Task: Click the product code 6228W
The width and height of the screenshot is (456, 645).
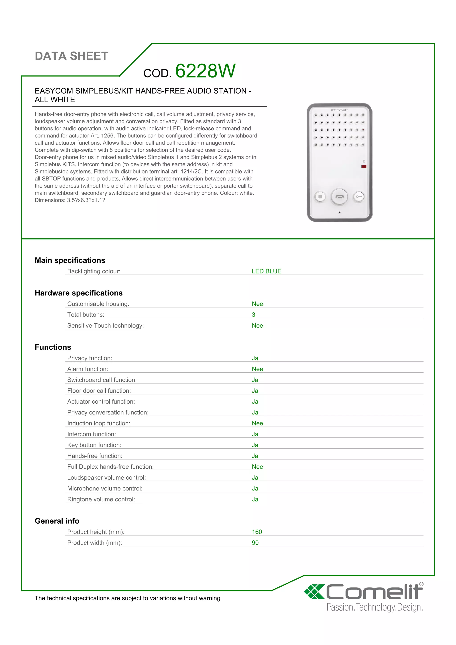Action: point(205,71)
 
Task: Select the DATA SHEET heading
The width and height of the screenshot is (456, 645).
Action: point(71,56)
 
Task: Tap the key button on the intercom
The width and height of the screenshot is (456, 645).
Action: point(358,197)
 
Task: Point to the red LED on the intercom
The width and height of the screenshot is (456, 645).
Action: point(364,167)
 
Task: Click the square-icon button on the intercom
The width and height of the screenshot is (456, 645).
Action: point(320,197)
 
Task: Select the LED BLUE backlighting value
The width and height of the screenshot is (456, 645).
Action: point(266,271)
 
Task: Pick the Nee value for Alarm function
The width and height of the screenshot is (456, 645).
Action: point(257,369)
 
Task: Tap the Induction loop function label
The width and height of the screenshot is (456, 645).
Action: point(99,423)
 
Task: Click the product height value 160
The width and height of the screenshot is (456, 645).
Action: point(257,532)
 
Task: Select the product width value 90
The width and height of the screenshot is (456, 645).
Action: point(255,543)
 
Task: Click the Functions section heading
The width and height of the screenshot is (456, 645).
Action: point(53,347)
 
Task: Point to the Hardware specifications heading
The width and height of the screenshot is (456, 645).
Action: point(79,293)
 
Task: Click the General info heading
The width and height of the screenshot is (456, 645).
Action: point(57,521)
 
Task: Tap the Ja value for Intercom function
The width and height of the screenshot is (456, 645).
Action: point(255,434)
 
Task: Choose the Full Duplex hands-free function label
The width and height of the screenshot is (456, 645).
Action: point(110,467)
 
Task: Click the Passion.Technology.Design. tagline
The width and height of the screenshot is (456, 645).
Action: point(374,607)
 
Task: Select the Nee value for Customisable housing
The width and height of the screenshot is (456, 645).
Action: point(257,304)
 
